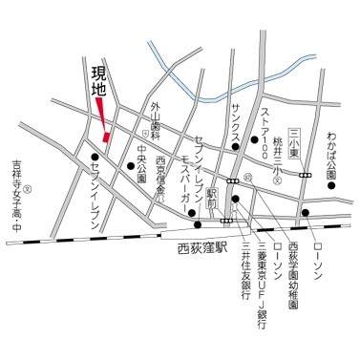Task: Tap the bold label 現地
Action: click(98, 85)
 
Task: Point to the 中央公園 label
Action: click(139, 162)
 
